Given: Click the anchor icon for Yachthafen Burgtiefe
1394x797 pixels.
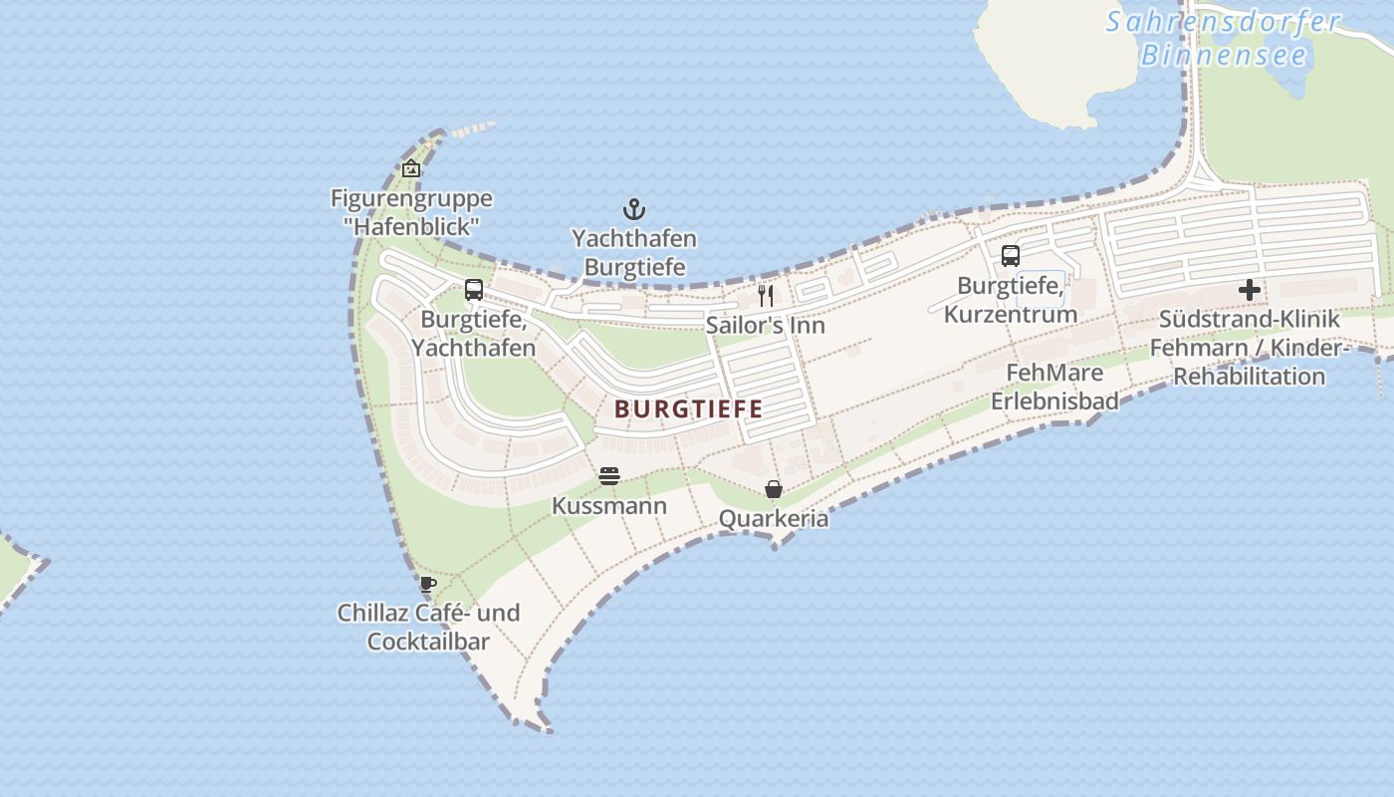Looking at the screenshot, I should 634,209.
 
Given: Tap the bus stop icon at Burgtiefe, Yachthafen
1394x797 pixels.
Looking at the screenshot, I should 474,290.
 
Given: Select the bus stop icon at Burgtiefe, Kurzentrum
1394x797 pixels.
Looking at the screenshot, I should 1011,256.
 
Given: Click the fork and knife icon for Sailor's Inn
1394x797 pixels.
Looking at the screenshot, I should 766,296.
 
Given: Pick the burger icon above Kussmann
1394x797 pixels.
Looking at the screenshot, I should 609,476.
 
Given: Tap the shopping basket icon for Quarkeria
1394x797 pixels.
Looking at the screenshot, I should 774,489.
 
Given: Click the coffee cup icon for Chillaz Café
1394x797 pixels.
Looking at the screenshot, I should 428,584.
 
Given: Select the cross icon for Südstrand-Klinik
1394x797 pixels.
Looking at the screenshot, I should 1250,290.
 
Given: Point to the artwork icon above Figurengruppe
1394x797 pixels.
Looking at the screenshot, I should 411,168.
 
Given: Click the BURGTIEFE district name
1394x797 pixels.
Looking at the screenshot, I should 689,408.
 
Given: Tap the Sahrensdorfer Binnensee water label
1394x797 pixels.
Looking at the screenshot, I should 1224,38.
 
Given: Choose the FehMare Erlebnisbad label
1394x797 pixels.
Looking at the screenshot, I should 1054,387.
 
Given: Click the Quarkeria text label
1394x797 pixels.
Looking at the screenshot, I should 774,519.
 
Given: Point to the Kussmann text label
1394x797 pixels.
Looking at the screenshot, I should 609,506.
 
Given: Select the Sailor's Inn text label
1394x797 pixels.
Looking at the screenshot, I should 766,326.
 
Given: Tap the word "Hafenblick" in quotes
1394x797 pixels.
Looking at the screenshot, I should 411,226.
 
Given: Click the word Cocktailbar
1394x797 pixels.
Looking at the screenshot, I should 428,642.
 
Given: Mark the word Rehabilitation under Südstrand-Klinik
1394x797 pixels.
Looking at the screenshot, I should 1250,377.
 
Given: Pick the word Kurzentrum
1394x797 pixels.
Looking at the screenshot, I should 1011,315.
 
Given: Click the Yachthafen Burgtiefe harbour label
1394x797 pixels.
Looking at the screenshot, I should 634,253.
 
